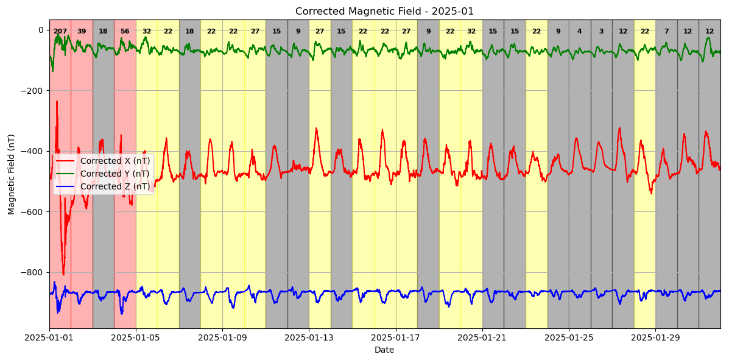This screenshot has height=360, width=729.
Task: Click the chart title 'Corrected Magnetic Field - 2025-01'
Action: click(x=384, y=12)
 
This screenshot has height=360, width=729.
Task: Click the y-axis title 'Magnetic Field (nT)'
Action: click(x=12, y=174)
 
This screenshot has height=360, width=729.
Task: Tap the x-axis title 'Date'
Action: click(x=384, y=350)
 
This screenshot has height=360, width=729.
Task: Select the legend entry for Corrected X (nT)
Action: click(x=114, y=161)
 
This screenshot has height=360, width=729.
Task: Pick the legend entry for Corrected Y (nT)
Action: click(x=114, y=174)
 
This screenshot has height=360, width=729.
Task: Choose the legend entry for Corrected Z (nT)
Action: click(x=114, y=186)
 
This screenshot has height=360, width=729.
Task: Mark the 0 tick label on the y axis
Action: click(x=40, y=30)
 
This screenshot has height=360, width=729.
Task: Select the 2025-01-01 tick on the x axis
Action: click(x=49, y=337)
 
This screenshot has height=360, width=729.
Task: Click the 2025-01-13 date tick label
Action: click(x=309, y=337)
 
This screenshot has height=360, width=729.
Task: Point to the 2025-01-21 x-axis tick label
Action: click(x=482, y=337)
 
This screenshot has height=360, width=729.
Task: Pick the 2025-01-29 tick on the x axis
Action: click(x=655, y=337)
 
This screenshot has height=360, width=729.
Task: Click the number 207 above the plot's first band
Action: click(x=60, y=32)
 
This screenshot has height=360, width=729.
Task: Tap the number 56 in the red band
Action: click(x=125, y=32)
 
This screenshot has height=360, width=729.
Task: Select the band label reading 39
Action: click(x=82, y=32)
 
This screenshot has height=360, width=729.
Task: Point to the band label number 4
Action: click(x=579, y=32)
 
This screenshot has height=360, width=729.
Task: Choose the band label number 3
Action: click(x=601, y=32)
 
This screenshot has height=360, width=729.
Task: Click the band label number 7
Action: click(x=666, y=32)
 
